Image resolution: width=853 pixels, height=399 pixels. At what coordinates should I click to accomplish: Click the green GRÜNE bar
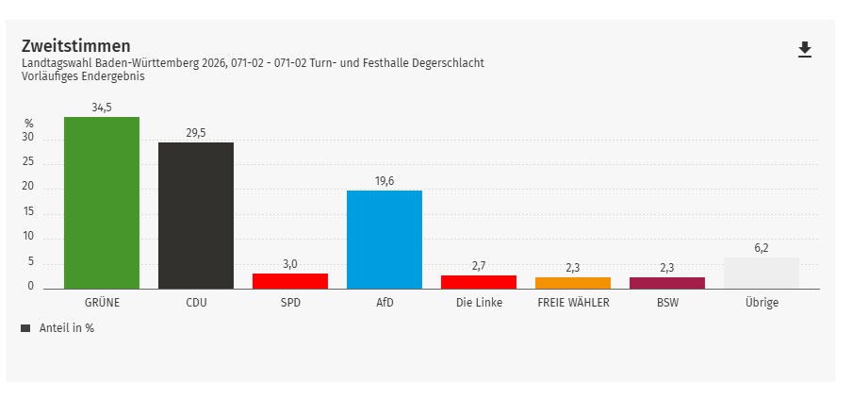click(x=102, y=203)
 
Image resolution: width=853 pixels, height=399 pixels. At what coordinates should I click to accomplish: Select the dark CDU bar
click(x=196, y=215)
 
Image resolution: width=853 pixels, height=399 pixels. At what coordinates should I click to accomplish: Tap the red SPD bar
click(x=290, y=281)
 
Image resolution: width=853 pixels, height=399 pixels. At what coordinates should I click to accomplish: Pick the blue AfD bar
click(x=385, y=240)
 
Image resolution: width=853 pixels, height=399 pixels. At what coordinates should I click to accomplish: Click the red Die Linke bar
click(x=479, y=282)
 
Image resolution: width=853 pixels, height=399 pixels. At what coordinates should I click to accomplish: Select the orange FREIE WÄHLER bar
click(x=573, y=283)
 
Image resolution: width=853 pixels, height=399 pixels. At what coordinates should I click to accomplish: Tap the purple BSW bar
click(x=667, y=283)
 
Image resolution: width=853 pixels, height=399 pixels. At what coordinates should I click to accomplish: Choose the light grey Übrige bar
click(x=762, y=274)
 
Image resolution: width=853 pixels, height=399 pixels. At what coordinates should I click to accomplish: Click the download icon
click(x=805, y=50)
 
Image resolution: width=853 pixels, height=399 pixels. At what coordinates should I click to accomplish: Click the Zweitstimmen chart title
click(x=75, y=46)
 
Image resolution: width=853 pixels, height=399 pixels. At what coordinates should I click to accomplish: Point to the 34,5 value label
click(x=102, y=108)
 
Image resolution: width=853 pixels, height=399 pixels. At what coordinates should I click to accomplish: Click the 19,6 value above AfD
click(x=385, y=181)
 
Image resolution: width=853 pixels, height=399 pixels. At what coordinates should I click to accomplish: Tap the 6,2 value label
click(x=762, y=248)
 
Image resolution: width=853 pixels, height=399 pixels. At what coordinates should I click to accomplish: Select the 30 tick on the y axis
click(x=28, y=138)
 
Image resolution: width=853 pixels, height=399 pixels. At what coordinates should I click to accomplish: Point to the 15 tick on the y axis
click(x=28, y=211)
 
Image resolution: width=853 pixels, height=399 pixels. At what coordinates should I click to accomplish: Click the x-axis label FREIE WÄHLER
click(x=573, y=303)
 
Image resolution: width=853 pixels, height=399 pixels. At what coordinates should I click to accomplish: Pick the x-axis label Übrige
click(x=762, y=303)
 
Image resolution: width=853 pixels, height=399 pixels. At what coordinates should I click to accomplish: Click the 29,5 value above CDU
click(x=196, y=133)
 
